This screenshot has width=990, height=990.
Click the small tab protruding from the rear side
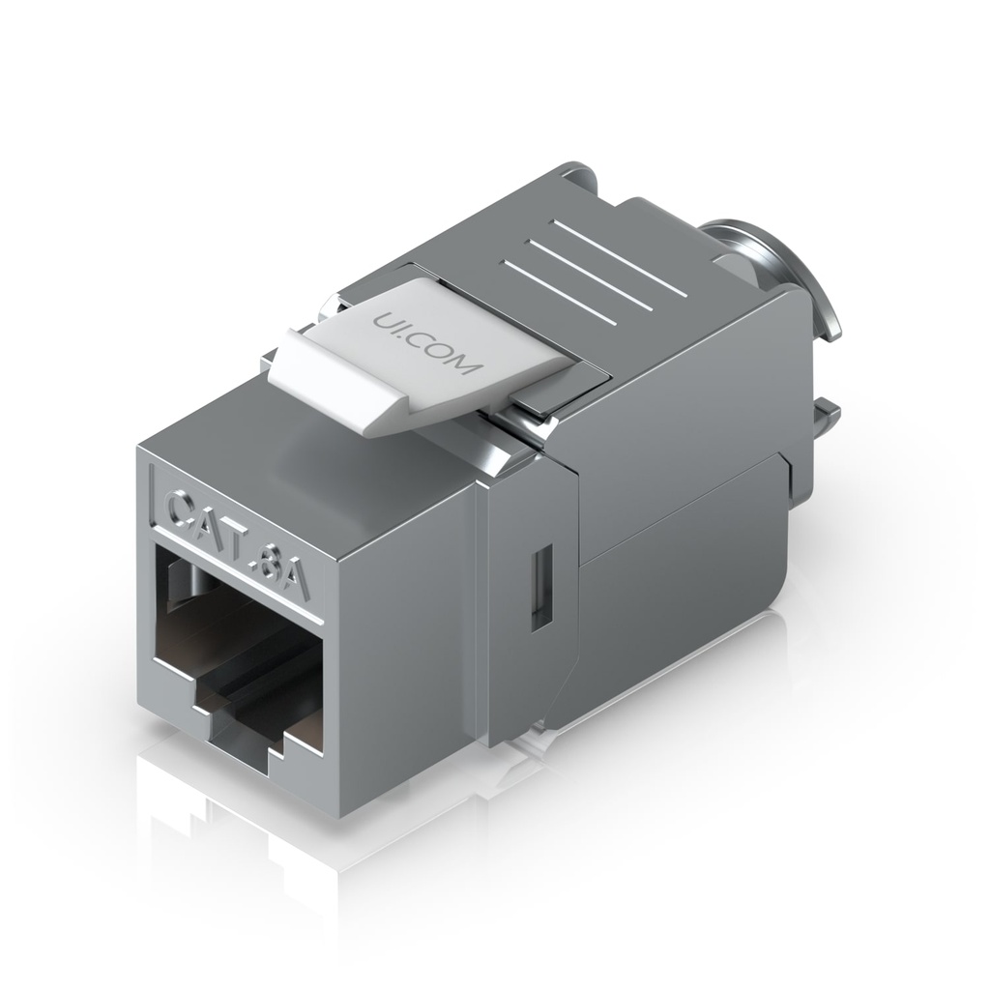tap(824, 420)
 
